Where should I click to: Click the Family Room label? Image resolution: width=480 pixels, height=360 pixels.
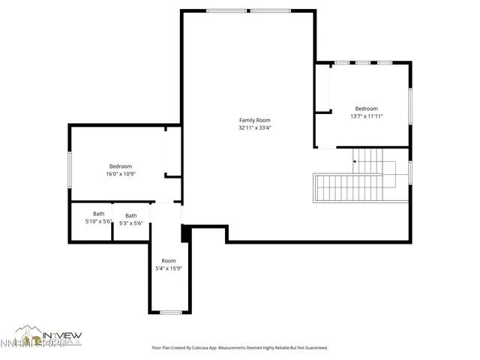click(x=254, y=120)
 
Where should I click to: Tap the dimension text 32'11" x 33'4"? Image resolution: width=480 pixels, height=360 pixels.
click(x=254, y=127)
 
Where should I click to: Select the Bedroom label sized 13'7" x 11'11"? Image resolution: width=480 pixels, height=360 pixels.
click(x=367, y=108)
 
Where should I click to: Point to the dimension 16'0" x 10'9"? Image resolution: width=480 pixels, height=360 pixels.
click(x=120, y=174)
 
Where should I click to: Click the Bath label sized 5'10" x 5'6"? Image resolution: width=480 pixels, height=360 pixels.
click(x=98, y=214)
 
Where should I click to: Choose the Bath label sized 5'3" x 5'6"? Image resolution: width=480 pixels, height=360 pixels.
click(x=131, y=216)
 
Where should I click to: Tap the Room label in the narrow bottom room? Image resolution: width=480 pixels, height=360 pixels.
click(x=169, y=260)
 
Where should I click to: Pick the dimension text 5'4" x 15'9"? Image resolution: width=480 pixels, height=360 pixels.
click(x=169, y=268)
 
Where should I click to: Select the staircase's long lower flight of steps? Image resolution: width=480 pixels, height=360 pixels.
click(x=349, y=187)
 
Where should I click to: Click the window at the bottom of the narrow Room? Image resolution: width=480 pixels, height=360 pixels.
click(x=171, y=312)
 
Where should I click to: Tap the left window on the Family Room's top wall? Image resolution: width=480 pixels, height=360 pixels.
click(x=227, y=10)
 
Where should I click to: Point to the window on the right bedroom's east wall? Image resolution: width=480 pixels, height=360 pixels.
click(x=410, y=106)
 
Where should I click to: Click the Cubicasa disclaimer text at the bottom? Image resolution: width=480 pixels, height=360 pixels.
click(x=239, y=347)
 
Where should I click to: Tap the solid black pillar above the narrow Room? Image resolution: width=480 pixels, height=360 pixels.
click(x=185, y=233)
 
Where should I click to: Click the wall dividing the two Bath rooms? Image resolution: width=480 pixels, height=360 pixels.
click(x=112, y=222)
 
